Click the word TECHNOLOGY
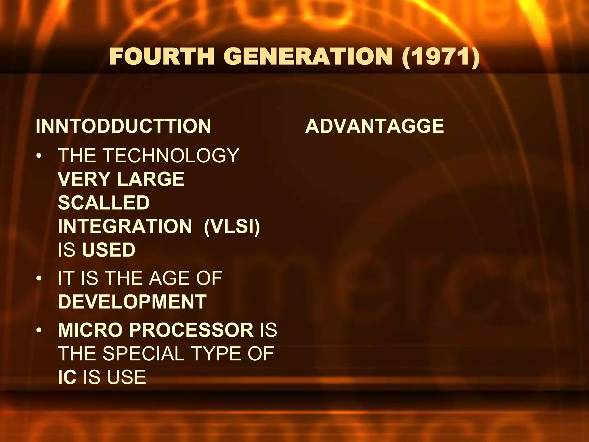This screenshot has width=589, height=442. [x=171, y=156]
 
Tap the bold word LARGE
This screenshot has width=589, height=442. [x=150, y=179]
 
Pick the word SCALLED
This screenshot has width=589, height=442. [x=104, y=203]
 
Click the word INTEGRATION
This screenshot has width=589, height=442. [x=125, y=226]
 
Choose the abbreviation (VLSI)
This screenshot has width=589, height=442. [x=232, y=226]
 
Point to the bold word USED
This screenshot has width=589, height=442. [x=109, y=250]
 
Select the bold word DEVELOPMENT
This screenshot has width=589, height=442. [x=132, y=302]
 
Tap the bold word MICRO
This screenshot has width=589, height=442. [x=90, y=330]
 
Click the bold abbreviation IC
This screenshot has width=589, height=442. [x=67, y=377]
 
